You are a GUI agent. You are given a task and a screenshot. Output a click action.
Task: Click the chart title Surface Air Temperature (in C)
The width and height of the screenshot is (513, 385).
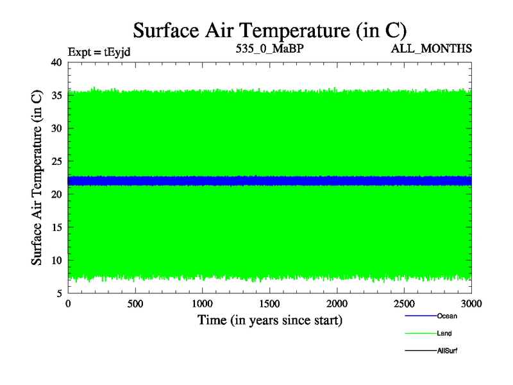[269, 30]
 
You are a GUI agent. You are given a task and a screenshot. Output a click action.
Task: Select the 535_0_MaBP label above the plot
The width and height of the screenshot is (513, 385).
[269, 48]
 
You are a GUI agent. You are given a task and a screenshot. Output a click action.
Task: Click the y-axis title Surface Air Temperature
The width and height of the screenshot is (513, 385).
[37, 178]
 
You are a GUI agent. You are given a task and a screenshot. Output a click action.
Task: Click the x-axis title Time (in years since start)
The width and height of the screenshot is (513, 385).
[269, 320]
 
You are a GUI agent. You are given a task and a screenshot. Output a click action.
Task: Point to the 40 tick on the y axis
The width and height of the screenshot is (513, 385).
[56, 62]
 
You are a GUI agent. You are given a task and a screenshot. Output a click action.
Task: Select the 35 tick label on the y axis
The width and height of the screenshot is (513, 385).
[56, 96]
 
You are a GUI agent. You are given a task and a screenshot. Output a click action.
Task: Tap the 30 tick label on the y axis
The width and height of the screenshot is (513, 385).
[56, 128]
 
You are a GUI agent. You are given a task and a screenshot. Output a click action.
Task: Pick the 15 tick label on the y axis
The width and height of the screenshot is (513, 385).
[56, 227]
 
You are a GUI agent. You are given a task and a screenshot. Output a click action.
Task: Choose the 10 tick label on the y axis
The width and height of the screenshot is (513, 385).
[56, 261]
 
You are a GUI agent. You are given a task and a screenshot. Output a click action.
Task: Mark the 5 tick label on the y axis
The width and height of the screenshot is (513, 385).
[58, 293]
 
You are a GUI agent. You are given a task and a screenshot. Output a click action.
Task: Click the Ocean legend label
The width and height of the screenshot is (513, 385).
[447, 316]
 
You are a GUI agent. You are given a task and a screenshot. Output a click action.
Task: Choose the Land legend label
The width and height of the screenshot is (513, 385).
[445, 333]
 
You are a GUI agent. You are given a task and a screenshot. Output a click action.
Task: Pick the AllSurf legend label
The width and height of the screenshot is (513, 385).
[447, 350]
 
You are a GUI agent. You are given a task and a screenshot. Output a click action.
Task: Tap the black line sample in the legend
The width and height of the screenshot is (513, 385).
[420, 350]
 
